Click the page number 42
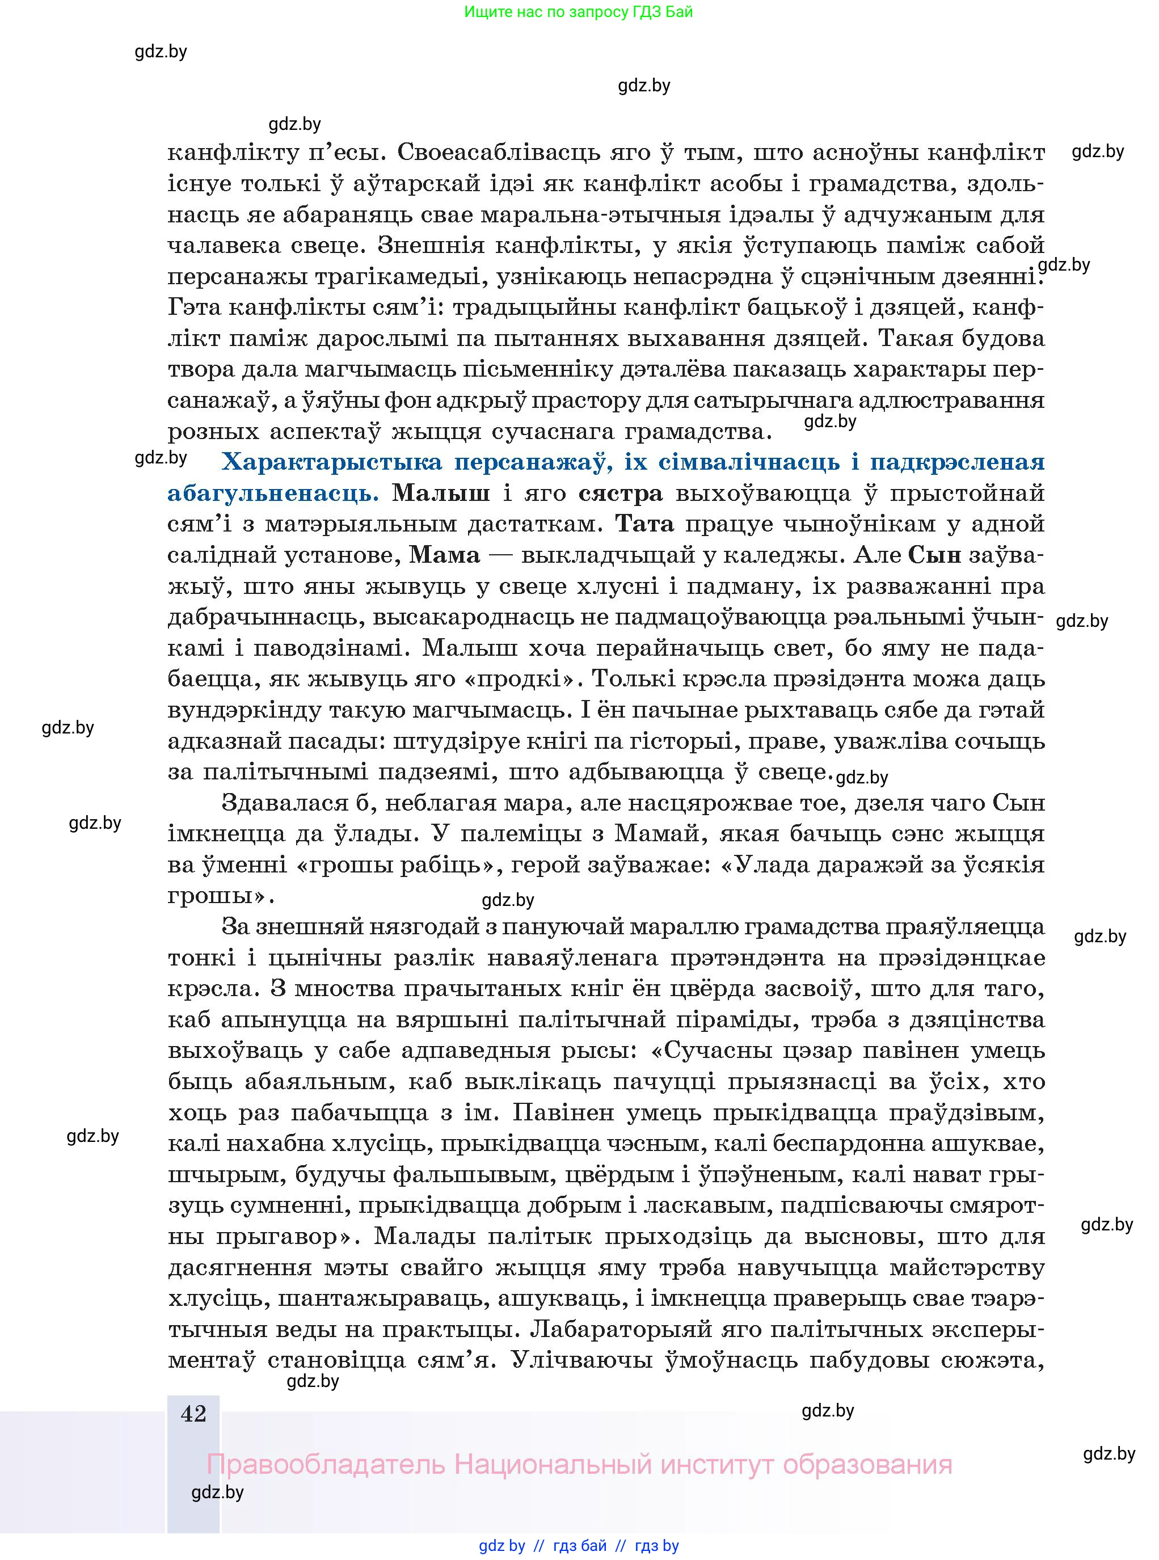point(193,1414)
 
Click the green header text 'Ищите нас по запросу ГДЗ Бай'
point(578,12)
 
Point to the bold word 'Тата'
point(643,524)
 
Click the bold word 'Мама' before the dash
point(444,555)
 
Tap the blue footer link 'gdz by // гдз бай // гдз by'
point(579,1545)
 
